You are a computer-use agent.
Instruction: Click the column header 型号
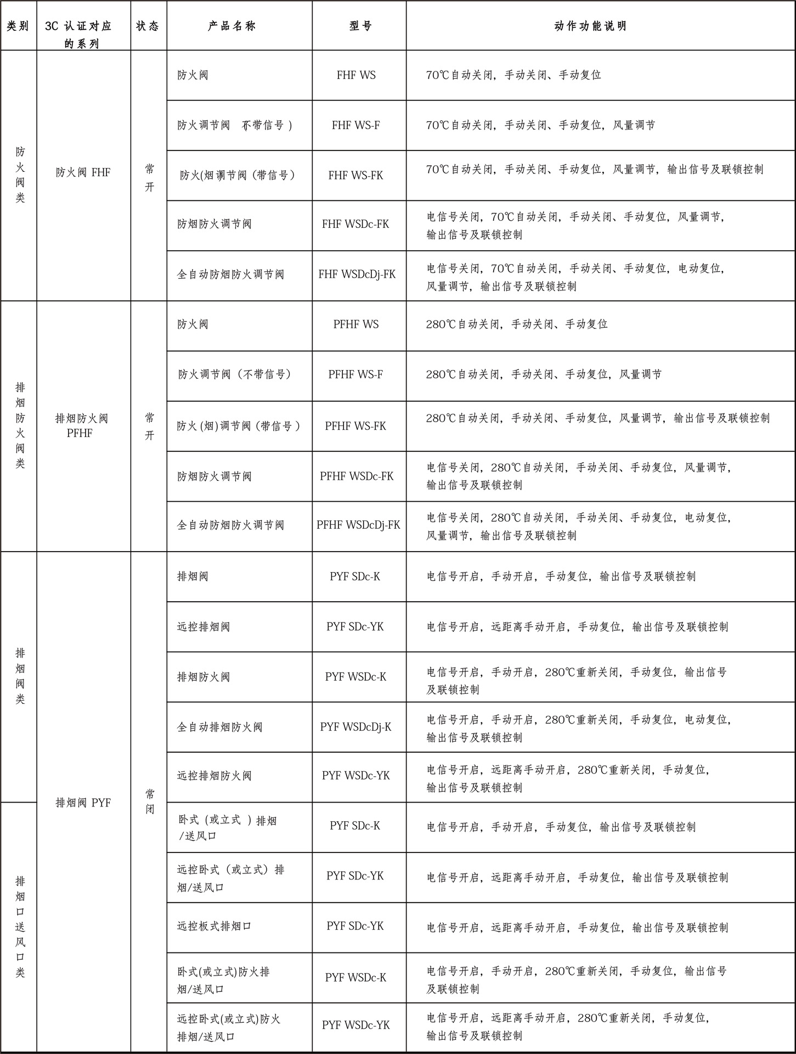coord(360,26)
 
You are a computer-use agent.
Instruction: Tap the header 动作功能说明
coord(590,26)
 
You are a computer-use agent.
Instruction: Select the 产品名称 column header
coord(232,26)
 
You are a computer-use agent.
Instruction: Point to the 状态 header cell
coord(148,26)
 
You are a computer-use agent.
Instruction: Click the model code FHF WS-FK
coord(355,176)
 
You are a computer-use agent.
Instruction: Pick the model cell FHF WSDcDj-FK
coord(357,274)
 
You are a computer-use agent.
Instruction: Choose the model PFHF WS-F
coord(355,374)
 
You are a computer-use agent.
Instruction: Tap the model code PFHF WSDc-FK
coord(357,476)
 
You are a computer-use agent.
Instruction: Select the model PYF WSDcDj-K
coord(355,727)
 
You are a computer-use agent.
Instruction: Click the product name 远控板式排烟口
coord(214,926)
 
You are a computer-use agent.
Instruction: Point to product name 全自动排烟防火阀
coord(219,727)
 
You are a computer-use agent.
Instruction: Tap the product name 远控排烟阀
coord(203,626)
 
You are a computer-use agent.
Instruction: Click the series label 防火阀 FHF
coord(83,173)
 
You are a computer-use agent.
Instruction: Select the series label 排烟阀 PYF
coord(83,803)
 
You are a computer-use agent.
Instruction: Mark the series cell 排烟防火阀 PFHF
coord(81,426)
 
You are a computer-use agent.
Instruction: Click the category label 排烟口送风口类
coord(20,926)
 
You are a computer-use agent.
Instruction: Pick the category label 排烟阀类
coord(20,676)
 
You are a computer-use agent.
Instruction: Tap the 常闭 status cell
coord(149,801)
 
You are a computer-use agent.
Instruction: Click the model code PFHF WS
coord(355,324)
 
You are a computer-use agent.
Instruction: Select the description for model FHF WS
coord(513,75)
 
